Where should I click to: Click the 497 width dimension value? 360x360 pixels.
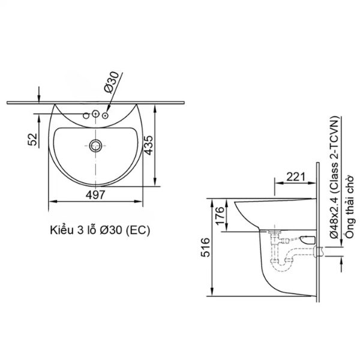pos(95,194)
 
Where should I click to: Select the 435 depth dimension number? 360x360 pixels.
pos(163,145)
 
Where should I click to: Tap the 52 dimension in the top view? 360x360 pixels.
pos(33,139)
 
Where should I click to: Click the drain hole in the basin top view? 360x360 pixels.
pos(95,145)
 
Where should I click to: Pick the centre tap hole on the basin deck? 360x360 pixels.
pos(95,113)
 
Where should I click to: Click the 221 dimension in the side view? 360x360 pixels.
pos(295,176)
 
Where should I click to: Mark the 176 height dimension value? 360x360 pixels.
pos(220,214)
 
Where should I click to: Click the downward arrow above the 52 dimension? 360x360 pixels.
pos(38,95)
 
